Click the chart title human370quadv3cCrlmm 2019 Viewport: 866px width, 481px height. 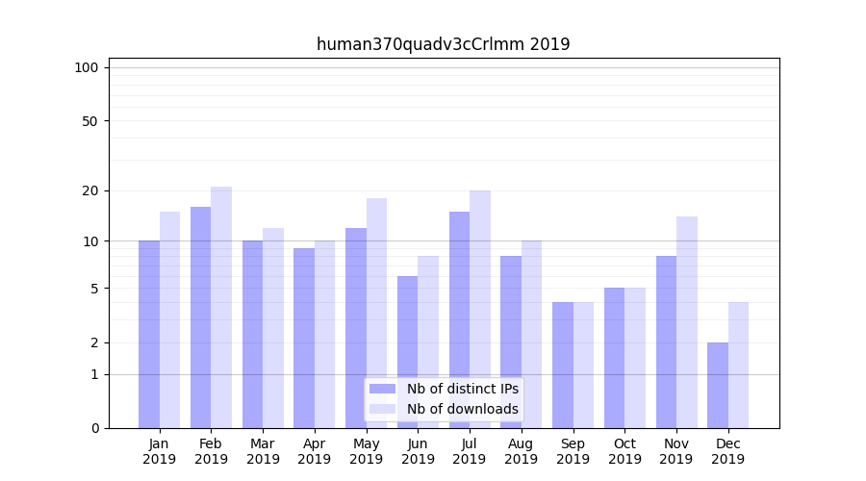click(x=443, y=44)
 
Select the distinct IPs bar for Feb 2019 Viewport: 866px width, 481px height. click(x=200, y=317)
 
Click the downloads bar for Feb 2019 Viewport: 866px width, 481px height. click(x=221, y=308)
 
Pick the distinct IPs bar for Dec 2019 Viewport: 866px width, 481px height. click(x=718, y=385)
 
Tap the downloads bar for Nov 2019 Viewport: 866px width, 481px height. click(x=687, y=322)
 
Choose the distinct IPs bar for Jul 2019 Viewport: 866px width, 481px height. click(x=459, y=319)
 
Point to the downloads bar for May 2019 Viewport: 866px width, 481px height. click(x=376, y=313)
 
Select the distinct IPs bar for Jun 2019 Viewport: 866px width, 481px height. click(x=407, y=352)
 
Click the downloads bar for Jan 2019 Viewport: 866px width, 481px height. click(x=169, y=319)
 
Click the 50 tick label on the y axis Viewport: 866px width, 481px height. click(x=89, y=121)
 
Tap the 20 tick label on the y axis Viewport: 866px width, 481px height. click(x=89, y=190)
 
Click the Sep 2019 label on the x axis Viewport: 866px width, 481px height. click(x=573, y=451)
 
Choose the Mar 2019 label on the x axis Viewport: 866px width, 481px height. click(x=263, y=451)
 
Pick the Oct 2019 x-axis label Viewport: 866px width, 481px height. click(x=624, y=451)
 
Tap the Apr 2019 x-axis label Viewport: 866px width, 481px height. click(x=315, y=451)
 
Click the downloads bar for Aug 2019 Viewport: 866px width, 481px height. click(x=532, y=334)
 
